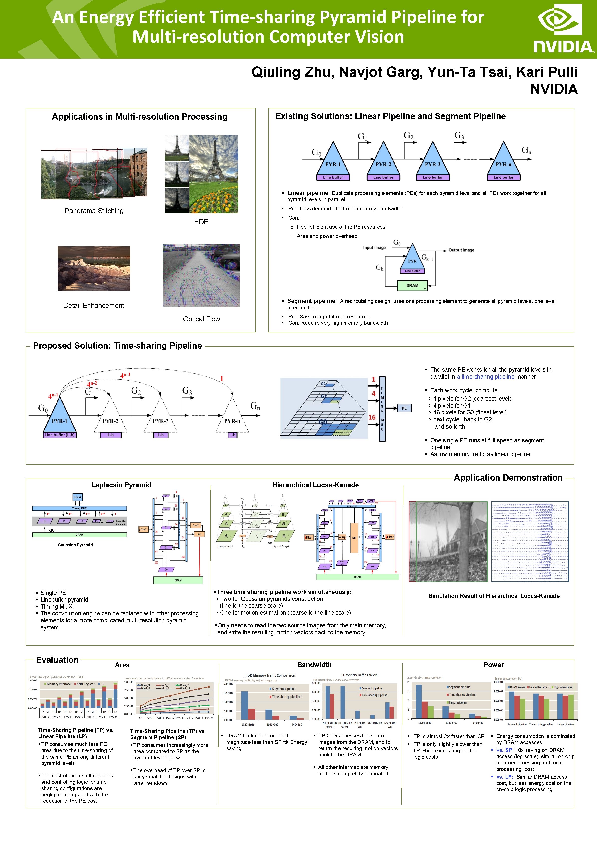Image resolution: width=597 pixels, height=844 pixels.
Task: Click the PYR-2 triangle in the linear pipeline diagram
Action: (x=383, y=160)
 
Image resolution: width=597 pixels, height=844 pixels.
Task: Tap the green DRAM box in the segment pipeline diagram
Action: (x=412, y=285)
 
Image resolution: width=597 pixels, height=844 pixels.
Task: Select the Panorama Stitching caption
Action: (x=94, y=211)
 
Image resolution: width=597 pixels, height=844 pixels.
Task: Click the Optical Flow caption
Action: (x=201, y=319)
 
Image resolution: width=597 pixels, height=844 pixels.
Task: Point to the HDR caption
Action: (x=201, y=222)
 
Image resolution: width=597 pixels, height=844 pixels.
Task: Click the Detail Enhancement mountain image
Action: (x=94, y=268)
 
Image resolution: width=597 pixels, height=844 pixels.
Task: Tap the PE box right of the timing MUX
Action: (x=404, y=408)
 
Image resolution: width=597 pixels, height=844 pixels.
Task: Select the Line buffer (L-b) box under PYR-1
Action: (x=60, y=435)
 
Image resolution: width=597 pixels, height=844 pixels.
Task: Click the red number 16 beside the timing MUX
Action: (x=372, y=417)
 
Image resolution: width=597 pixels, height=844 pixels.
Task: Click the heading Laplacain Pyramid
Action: (x=121, y=485)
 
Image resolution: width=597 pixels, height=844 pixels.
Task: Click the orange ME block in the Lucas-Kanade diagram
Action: (x=354, y=538)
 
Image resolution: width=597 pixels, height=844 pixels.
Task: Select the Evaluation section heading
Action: (x=57, y=660)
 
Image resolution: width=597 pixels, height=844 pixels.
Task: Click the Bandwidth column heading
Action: (x=314, y=665)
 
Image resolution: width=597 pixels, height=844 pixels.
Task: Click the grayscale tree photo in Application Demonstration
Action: (x=448, y=541)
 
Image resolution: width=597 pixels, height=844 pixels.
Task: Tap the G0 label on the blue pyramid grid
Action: (x=323, y=422)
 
